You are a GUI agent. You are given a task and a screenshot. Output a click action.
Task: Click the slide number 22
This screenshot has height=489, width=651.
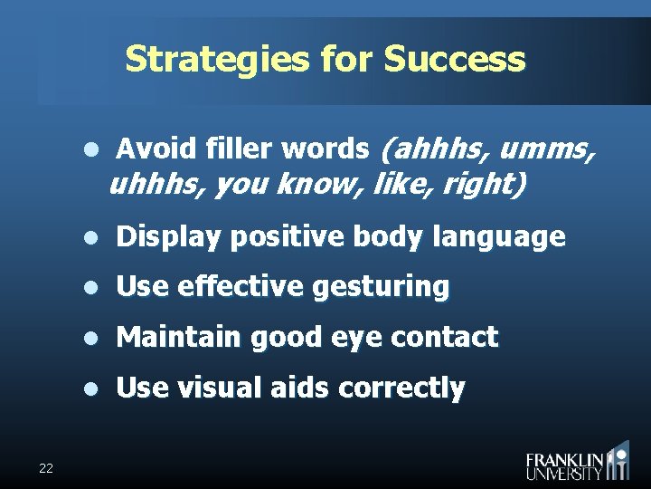pyautogui.click(x=46, y=467)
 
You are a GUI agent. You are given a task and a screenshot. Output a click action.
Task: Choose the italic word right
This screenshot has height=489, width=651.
pyautogui.click(x=486, y=184)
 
